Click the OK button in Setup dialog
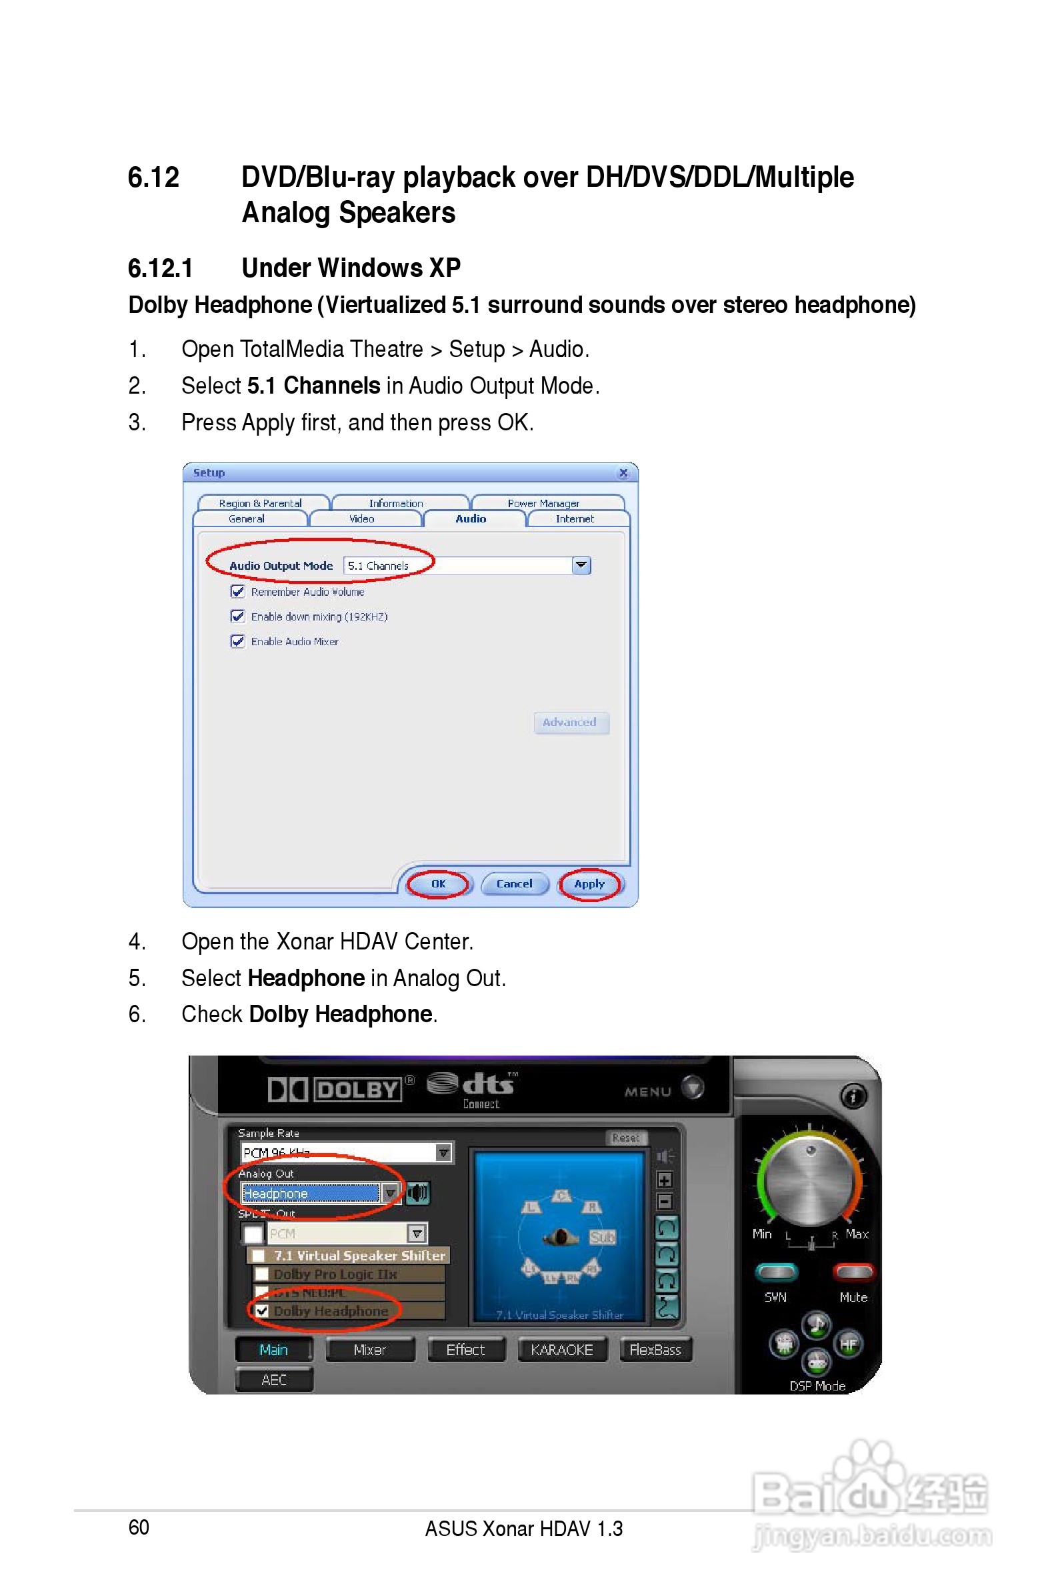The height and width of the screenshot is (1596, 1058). pyautogui.click(x=438, y=884)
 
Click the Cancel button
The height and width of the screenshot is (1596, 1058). pyautogui.click(x=514, y=884)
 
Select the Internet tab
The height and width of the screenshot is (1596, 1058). pyautogui.click(x=575, y=518)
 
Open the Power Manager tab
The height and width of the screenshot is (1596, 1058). pyautogui.click(x=543, y=503)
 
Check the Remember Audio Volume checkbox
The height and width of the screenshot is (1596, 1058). pyautogui.click(x=237, y=591)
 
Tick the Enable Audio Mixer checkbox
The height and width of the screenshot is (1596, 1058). pyautogui.click(x=237, y=641)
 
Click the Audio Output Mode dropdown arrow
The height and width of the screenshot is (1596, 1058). pyautogui.click(x=580, y=565)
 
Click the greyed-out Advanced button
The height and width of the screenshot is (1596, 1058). pyautogui.click(x=570, y=723)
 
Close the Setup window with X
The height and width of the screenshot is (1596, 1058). pyautogui.click(x=623, y=472)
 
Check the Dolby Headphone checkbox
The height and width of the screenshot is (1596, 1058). pyautogui.click(x=263, y=1311)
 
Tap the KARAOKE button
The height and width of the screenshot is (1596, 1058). pyautogui.click(x=561, y=1350)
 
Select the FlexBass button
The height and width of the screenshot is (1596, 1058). pyautogui.click(x=655, y=1350)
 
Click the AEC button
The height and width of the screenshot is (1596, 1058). pyautogui.click(x=274, y=1379)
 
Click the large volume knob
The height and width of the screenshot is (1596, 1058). pyautogui.click(x=811, y=1182)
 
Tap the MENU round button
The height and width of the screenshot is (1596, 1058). pyautogui.click(x=692, y=1087)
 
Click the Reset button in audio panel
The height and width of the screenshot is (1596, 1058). pyautogui.click(x=625, y=1138)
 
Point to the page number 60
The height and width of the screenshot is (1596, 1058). pyautogui.click(x=139, y=1527)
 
